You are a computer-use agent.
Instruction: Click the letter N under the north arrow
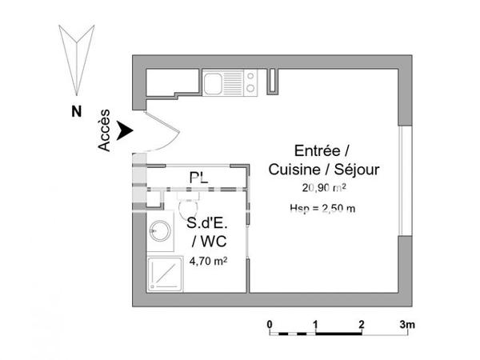[x=74, y=113]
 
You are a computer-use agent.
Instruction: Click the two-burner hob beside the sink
[x=249, y=82]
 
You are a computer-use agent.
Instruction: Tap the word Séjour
[x=358, y=170]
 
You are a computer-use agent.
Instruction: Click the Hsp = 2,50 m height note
[x=322, y=209]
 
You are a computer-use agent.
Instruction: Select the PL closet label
[x=198, y=178]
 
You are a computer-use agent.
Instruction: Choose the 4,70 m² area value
[x=208, y=260]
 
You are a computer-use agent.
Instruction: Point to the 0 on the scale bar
[x=270, y=323]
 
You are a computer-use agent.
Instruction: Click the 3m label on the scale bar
[x=408, y=323]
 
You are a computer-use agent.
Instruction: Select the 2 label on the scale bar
[x=362, y=323]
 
